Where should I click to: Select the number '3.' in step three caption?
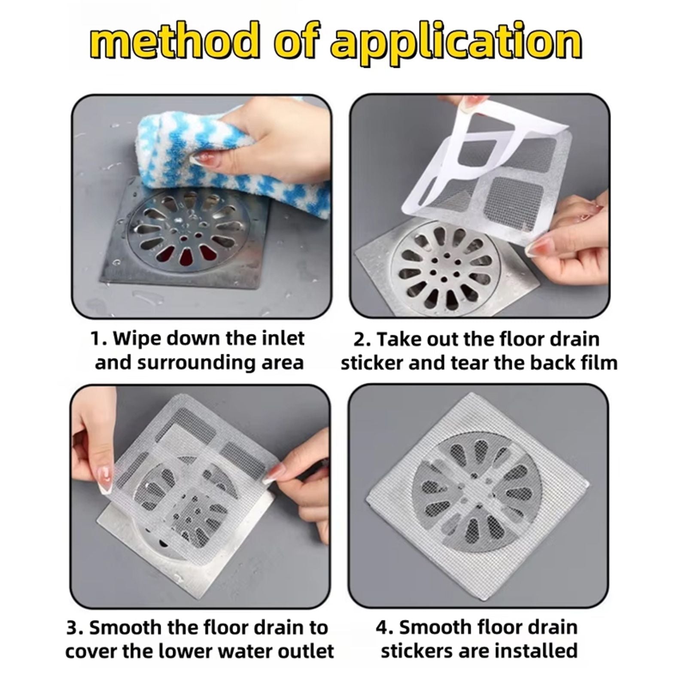(76, 627)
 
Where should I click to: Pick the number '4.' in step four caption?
(385, 627)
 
